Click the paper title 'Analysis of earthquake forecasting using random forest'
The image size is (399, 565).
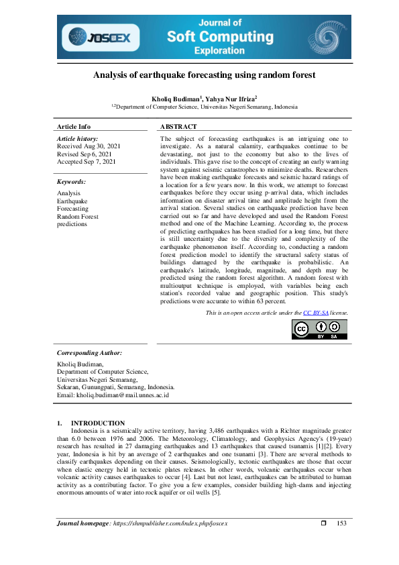(204, 75)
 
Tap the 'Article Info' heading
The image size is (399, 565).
(74, 126)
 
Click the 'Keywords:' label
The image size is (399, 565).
(72, 182)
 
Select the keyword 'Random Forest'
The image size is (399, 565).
(78, 216)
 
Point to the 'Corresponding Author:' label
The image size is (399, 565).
(89, 352)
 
